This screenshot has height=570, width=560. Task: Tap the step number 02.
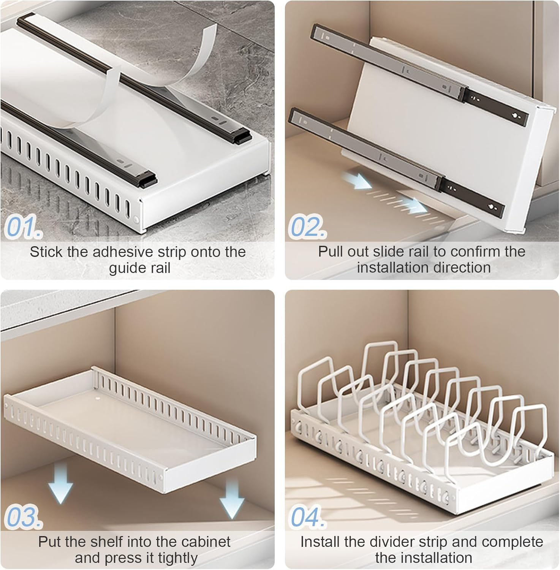[307, 227]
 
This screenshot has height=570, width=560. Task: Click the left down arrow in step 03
[61, 484]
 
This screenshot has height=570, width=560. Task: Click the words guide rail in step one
[139, 268]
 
